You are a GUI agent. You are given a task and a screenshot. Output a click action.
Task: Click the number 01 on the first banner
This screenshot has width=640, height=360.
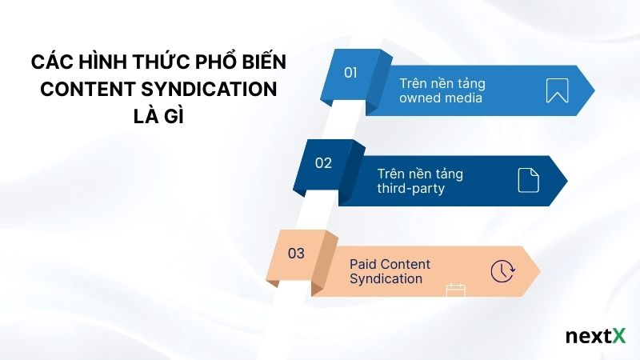coord(350,73)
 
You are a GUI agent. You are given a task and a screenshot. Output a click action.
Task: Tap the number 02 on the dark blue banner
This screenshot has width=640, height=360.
coord(323,163)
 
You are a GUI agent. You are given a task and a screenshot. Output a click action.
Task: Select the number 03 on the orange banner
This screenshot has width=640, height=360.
coord(296,254)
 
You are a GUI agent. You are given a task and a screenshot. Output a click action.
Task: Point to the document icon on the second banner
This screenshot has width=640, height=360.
coord(528,180)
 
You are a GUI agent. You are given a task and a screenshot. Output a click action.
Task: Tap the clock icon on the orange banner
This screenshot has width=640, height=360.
coord(502,270)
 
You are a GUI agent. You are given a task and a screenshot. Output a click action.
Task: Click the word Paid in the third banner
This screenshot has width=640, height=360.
coord(364,264)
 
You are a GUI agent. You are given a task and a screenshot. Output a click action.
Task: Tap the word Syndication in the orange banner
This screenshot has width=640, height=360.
coord(386,279)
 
